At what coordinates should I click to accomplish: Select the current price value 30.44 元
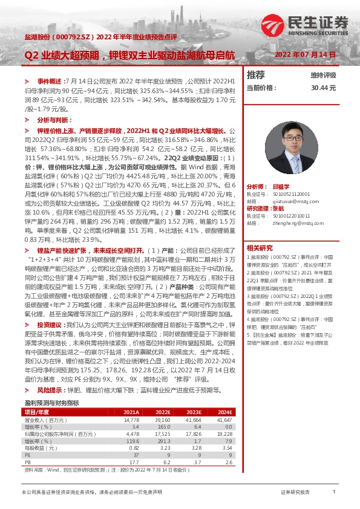[x=323, y=88]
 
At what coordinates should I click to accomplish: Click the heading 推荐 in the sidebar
[x=256, y=75]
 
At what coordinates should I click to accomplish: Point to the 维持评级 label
[x=323, y=76]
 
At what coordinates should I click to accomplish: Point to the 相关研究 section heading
[x=260, y=248]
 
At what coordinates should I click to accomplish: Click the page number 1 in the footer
[x=335, y=493]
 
